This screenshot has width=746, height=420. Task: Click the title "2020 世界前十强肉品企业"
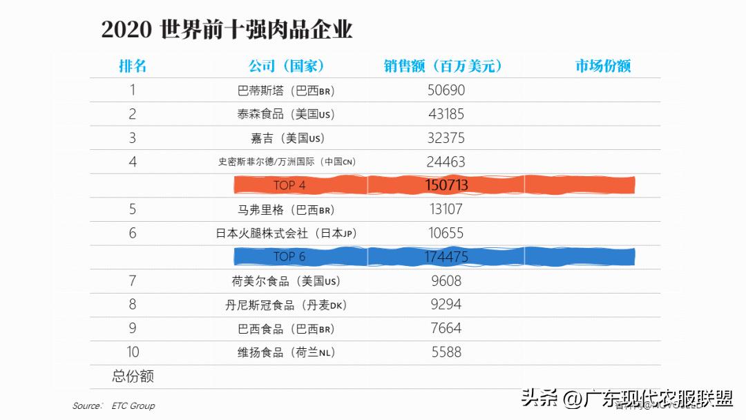(227, 30)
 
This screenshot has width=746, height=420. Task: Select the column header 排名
(133, 66)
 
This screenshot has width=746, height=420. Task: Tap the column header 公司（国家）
(286, 66)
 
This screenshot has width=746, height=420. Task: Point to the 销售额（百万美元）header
(443, 66)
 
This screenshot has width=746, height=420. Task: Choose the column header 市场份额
(603, 66)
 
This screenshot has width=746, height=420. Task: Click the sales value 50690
(446, 90)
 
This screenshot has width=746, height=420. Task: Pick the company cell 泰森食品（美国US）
(286, 115)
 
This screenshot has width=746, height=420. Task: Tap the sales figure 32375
(446, 138)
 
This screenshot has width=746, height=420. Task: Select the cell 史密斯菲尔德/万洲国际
(287, 162)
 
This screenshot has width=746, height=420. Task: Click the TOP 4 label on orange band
(289, 185)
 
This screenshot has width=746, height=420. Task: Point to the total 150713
(446, 185)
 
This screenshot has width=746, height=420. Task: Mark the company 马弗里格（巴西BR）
(286, 209)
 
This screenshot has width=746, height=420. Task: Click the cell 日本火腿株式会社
(286, 233)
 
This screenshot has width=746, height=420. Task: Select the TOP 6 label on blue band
(289, 257)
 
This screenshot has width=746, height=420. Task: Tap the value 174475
(446, 257)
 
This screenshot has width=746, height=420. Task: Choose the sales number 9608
(446, 281)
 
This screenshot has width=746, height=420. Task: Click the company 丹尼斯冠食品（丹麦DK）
(286, 305)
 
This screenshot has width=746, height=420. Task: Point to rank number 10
(133, 352)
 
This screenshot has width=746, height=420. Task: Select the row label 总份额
(133, 376)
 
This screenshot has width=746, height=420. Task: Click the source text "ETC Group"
(133, 405)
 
